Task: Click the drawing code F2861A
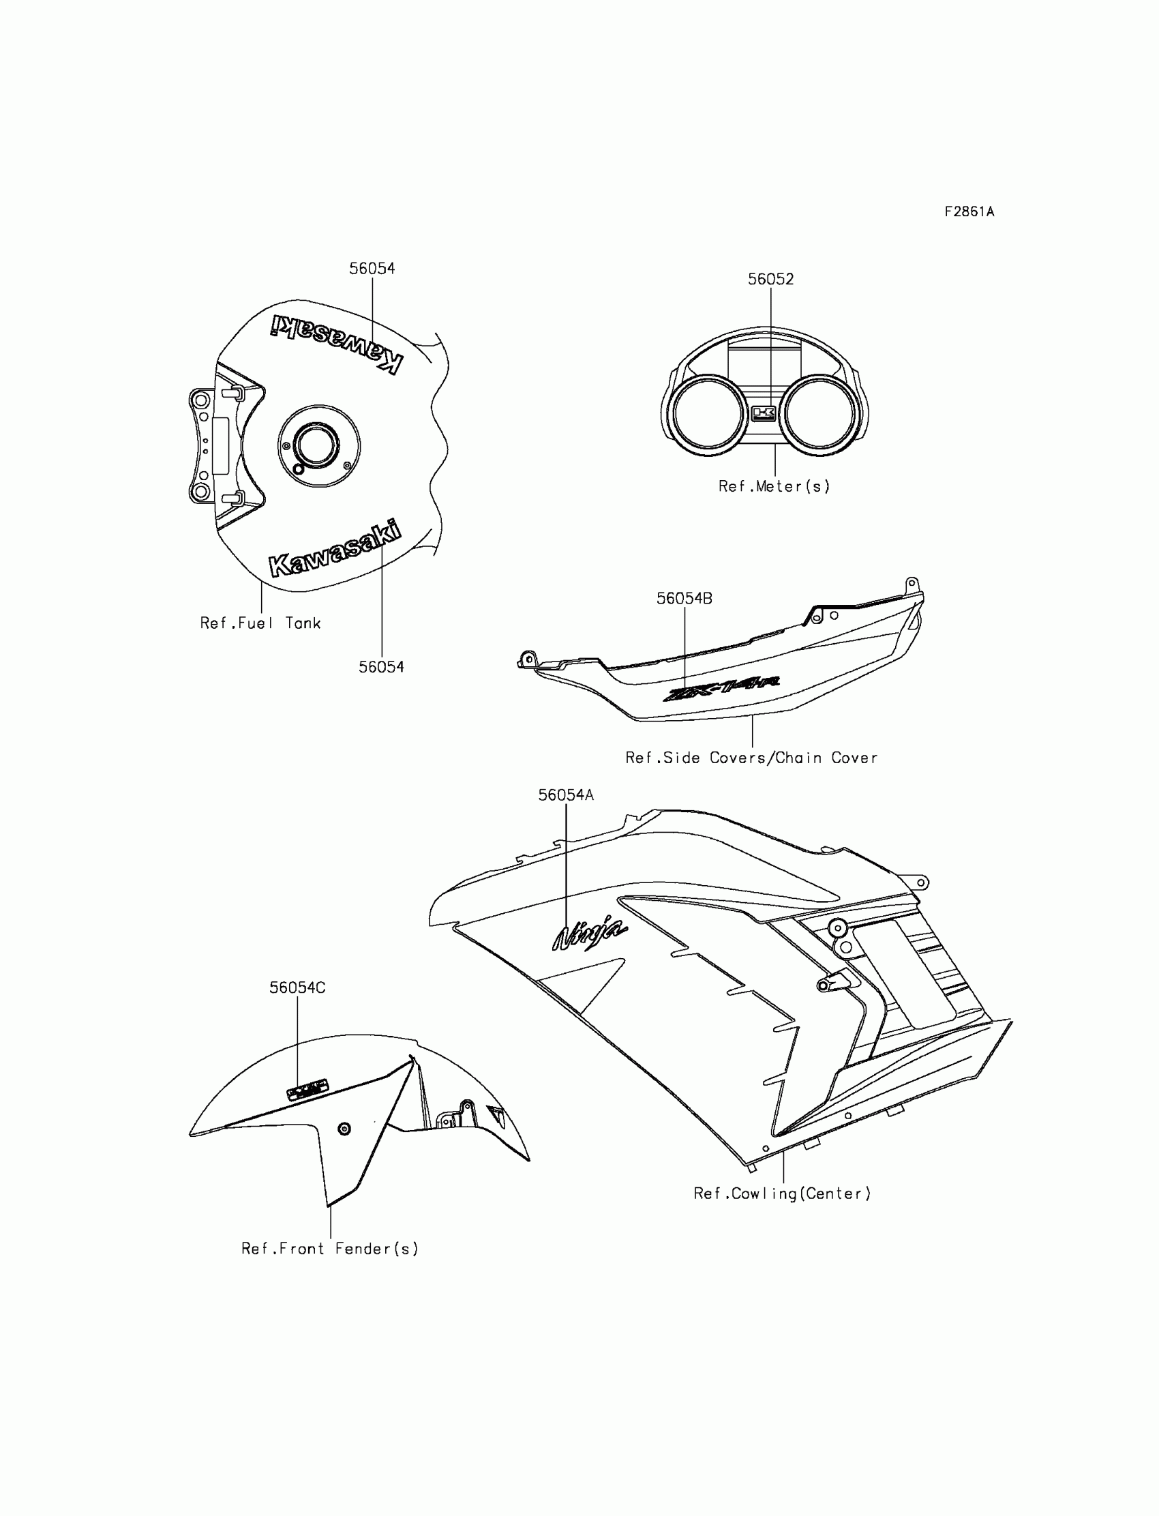pyautogui.click(x=969, y=212)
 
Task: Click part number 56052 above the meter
pyautogui.click(x=770, y=279)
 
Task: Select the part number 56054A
pyautogui.click(x=566, y=795)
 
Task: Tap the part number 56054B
pyautogui.click(x=684, y=598)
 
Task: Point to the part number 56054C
pyautogui.click(x=297, y=987)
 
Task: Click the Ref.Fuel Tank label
pyautogui.click(x=260, y=623)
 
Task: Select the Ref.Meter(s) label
pyautogui.click(x=774, y=486)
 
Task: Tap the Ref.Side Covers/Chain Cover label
pyautogui.click(x=751, y=758)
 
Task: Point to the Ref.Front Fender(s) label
pyautogui.click(x=330, y=1248)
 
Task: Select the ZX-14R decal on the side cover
pyautogui.click(x=720, y=688)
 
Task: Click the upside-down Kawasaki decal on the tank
pyautogui.click(x=336, y=342)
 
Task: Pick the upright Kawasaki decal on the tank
pyautogui.click(x=335, y=548)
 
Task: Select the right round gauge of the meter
pyautogui.click(x=820, y=413)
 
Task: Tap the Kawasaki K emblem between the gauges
pyautogui.click(x=763, y=413)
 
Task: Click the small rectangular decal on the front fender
pyautogui.click(x=307, y=1090)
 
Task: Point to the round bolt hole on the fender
pyautogui.click(x=344, y=1129)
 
